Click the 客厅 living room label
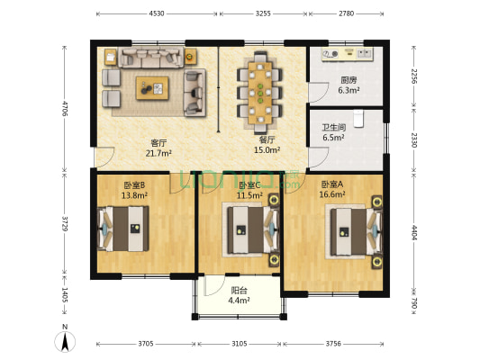[158, 141]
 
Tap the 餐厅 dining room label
[267, 139]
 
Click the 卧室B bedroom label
[134, 184]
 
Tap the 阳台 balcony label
[238, 290]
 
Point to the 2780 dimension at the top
[347, 14]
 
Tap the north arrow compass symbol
[65, 341]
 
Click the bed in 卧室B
[126, 229]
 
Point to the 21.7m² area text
[158, 152]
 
